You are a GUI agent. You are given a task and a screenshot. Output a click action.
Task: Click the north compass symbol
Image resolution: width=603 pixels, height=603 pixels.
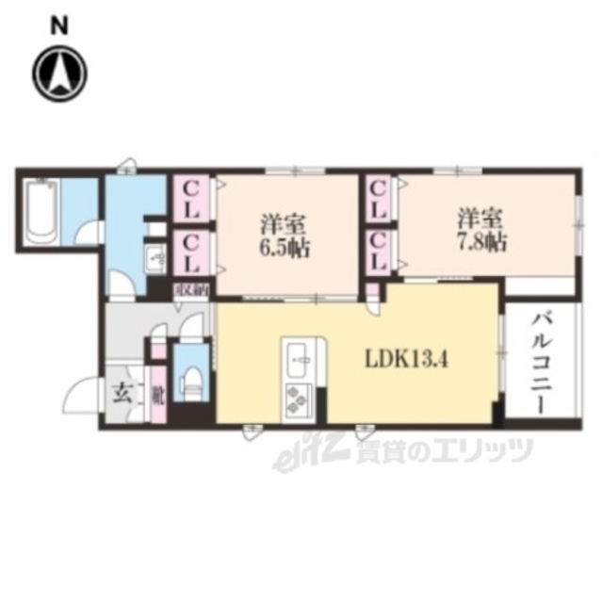59,73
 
